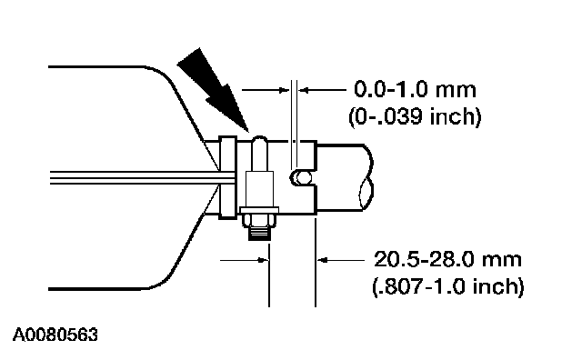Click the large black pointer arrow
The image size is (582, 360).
tap(212, 88)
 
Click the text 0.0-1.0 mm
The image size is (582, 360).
tap(415, 89)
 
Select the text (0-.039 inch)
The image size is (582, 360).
tap(415, 116)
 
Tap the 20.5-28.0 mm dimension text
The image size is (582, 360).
tap(447, 259)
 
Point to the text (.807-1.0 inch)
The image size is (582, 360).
tap(448, 286)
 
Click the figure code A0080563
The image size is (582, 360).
tap(55, 335)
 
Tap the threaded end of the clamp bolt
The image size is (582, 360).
tap(259, 234)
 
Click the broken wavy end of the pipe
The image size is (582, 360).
tap(366, 178)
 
